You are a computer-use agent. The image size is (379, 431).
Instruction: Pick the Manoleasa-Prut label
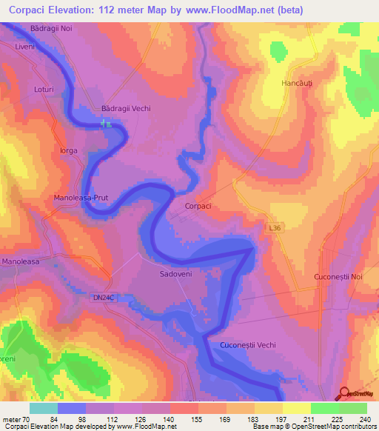coord(82,198)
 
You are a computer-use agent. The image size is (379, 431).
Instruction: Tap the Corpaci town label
coord(198,207)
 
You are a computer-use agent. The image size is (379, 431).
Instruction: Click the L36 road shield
coord(275,231)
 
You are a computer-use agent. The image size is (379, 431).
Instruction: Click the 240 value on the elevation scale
coord(363,418)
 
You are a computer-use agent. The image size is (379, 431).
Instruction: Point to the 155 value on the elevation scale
coord(196,418)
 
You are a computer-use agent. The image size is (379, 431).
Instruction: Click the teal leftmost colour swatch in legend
coord(43,408)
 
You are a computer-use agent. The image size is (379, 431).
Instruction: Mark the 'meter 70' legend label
coord(13,418)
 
